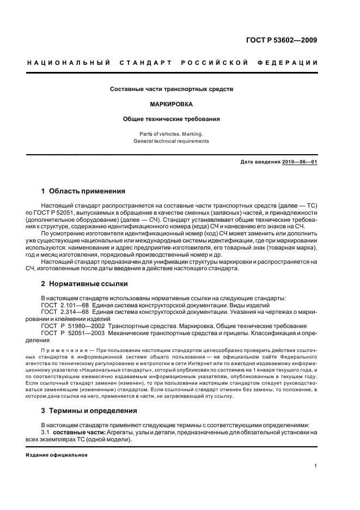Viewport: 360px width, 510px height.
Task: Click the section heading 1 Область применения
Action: [x=83, y=191]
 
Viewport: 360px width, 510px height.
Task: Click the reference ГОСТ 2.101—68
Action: [x=67, y=305]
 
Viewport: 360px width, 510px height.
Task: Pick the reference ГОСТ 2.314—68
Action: [x=67, y=312]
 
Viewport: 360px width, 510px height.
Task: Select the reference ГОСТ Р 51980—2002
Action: [x=72, y=326]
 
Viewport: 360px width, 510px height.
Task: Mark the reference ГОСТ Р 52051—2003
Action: [x=72, y=333]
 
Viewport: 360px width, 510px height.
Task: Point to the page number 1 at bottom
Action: [x=316, y=466]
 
